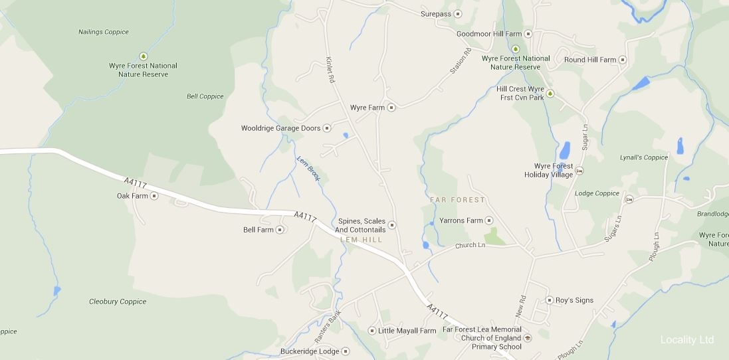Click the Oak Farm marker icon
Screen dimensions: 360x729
click(154, 196)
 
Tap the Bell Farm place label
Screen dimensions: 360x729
click(259, 230)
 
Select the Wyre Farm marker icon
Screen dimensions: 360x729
click(391, 107)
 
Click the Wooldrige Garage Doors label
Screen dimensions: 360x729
click(280, 128)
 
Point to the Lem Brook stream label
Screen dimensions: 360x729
click(308, 169)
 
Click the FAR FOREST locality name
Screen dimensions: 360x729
click(457, 200)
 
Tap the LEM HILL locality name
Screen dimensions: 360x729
click(362, 239)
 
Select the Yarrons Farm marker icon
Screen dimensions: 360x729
click(489, 221)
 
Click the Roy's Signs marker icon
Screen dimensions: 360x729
click(550, 300)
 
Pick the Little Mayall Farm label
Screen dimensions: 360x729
click(407, 331)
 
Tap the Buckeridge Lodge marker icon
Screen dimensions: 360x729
click(346, 351)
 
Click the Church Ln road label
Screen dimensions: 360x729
click(470, 246)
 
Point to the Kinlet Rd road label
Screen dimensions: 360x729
click(330, 68)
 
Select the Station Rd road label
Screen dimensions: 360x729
click(460, 62)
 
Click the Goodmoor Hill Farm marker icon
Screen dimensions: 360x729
click(528, 34)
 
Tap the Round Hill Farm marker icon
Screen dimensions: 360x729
click(623, 60)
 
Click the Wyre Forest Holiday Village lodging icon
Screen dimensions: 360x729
click(579, 171)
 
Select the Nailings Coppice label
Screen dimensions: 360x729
click(104, 32)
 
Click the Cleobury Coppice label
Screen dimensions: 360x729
click(118, 302)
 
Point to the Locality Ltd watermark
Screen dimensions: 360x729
click(687, 340)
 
